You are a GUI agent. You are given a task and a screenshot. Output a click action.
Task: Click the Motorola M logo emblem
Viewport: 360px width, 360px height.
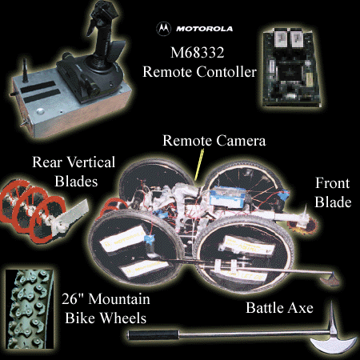click(x=163, y=28)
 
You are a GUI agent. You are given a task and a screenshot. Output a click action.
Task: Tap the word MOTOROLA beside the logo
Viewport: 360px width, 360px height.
click(x=204, y=29)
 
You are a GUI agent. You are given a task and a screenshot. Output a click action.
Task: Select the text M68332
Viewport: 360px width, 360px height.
click(x=198, y=52)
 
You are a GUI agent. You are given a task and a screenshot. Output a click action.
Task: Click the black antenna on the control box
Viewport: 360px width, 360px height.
click(x=25, y=70)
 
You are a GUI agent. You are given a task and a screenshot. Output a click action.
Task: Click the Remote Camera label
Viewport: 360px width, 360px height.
click(x=214, y=141)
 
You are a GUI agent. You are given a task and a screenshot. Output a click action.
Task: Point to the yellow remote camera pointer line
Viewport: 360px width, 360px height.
click(x=199, y=165)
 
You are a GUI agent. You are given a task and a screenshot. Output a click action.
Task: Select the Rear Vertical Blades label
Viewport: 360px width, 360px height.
click(x=74, y=171)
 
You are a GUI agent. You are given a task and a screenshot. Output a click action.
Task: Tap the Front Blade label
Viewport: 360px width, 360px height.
click(x=333, y=192)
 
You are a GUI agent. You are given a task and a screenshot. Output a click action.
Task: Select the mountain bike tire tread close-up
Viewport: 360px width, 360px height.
click(x=29, y=309)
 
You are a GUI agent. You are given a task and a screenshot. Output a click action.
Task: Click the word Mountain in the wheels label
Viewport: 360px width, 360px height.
click(x=119, y=299)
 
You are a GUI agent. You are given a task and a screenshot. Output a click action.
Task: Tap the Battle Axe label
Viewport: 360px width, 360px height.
click(x=279, y=308)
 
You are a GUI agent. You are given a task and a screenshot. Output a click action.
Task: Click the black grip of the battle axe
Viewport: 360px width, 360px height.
click(x=153, y=334)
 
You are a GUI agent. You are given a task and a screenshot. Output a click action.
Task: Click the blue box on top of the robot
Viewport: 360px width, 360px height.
click(x=227, y=198)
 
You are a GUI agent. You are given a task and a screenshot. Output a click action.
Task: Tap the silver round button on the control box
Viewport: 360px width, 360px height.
click(x=40, y=111)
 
